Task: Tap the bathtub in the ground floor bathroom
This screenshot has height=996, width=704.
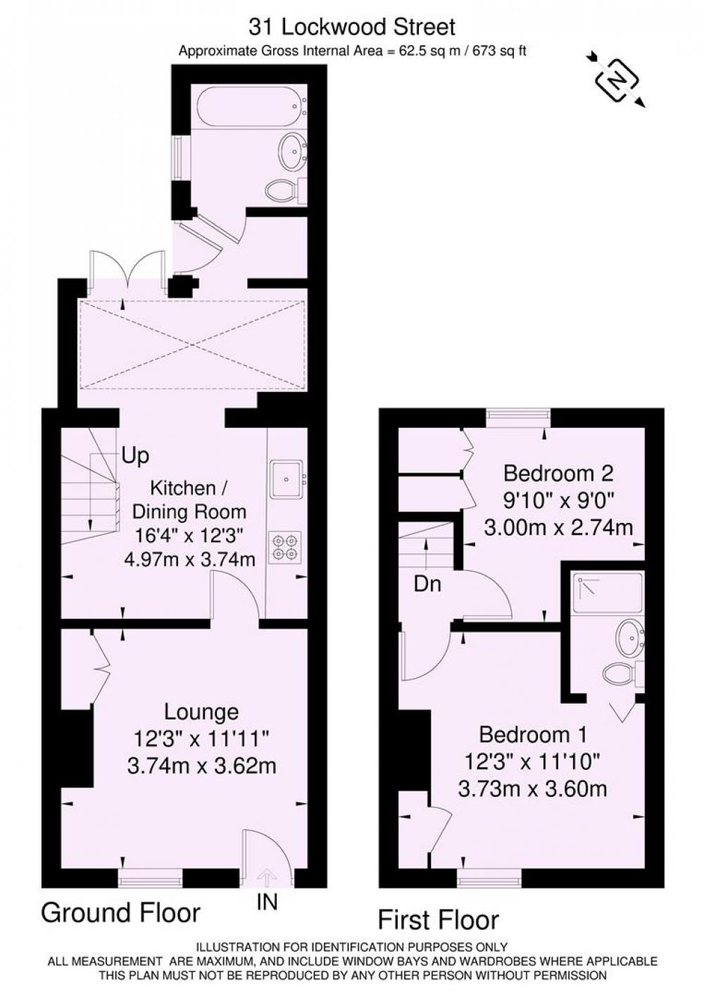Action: [251, 107]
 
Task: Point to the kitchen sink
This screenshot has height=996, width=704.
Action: [287, 479]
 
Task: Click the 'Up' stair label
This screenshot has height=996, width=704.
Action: [135, 456]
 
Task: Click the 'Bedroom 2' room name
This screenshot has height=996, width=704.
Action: [558, 473]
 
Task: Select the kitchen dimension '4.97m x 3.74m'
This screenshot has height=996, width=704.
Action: [190, 558]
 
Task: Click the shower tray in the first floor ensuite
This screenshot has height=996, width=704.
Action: [608, 592]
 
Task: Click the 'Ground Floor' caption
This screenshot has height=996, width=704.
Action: [121, 912]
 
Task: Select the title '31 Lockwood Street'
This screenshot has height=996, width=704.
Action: [352, 27]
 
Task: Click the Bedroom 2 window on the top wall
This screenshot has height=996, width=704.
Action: [517, 415]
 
